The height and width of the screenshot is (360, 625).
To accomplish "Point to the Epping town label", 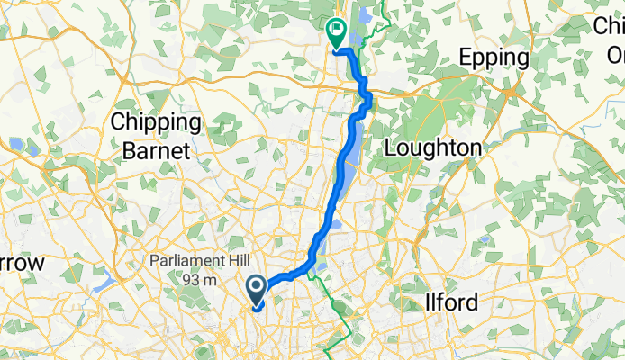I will [494, 58].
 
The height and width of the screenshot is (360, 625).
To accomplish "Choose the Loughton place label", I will [431, 148].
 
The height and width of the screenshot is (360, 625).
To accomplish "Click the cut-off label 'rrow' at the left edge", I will [22, 264].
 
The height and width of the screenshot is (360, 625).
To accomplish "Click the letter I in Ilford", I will [427, 302].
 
